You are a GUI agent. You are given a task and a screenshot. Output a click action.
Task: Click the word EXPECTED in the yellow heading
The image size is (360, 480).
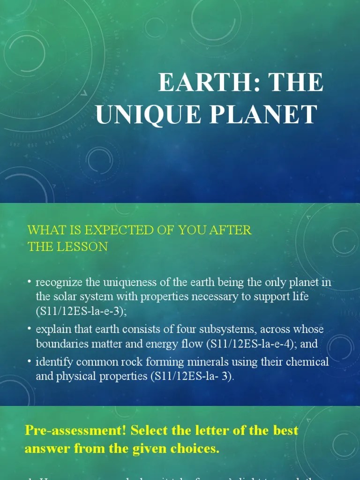click(x=114, y=230)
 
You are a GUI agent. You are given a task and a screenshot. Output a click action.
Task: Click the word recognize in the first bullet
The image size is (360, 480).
click(x=59, y=282)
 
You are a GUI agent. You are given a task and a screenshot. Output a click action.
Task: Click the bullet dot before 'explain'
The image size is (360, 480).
click(x=30, y=329)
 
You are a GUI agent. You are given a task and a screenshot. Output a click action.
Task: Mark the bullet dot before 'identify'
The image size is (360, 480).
click(x=30, y=361)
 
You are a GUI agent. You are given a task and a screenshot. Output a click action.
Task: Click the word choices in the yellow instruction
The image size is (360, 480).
click(x=194, y=449)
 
